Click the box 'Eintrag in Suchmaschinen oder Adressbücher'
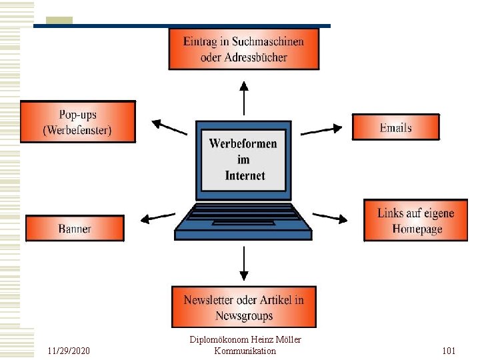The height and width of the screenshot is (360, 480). (243, 49)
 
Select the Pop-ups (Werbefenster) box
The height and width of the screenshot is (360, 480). (77, 121)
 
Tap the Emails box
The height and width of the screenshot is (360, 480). (395, 127)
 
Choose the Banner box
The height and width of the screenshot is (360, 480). (75, 229)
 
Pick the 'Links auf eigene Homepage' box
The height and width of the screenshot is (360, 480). (416, 221)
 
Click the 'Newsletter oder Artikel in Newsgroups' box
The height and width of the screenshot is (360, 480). (243, 307)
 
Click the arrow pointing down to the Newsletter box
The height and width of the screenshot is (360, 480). (244, 263)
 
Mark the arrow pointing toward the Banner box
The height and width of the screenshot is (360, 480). (158, 217)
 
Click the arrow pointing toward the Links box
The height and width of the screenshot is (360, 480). (330, 217)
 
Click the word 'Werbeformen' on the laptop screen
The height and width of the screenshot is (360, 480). (243, 143)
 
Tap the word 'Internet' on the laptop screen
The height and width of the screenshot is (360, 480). (245, 176)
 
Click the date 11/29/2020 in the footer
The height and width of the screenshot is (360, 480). (69, 351)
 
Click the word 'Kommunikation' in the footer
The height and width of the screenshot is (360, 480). (245, 351)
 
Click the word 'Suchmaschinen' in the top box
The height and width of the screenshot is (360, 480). (269, 41)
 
